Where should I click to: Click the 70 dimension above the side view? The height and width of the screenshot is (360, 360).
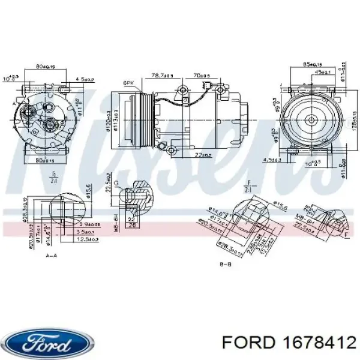tap(200, 75)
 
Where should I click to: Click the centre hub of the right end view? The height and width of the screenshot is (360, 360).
tap(312, 120)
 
